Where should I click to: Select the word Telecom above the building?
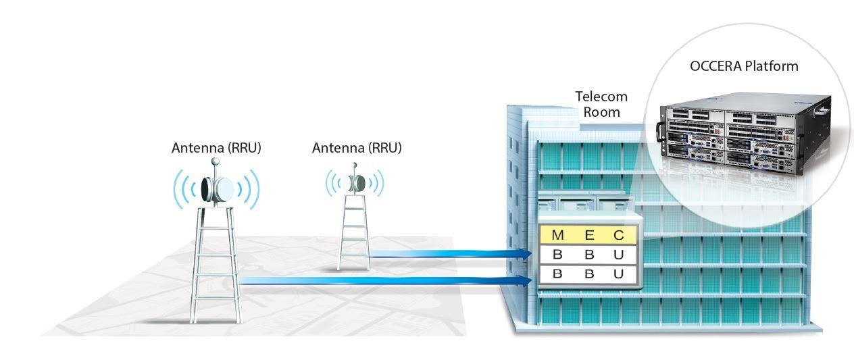tap(601, 97)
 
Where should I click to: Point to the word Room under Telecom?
tap(601, 111)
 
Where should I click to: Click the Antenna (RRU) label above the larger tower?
tap(216, 147)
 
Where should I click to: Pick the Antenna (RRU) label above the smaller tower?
tap(357, 147)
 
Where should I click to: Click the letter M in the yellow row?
tap(557, 235)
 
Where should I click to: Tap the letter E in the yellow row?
tap(588, 235)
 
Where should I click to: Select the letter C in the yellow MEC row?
tap(619, 235)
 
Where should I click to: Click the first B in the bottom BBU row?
tap(557, 274)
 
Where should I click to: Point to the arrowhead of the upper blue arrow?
tap(523, 254)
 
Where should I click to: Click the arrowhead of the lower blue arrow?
tap(523, 280)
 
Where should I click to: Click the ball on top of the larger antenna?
tap(216, 161)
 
